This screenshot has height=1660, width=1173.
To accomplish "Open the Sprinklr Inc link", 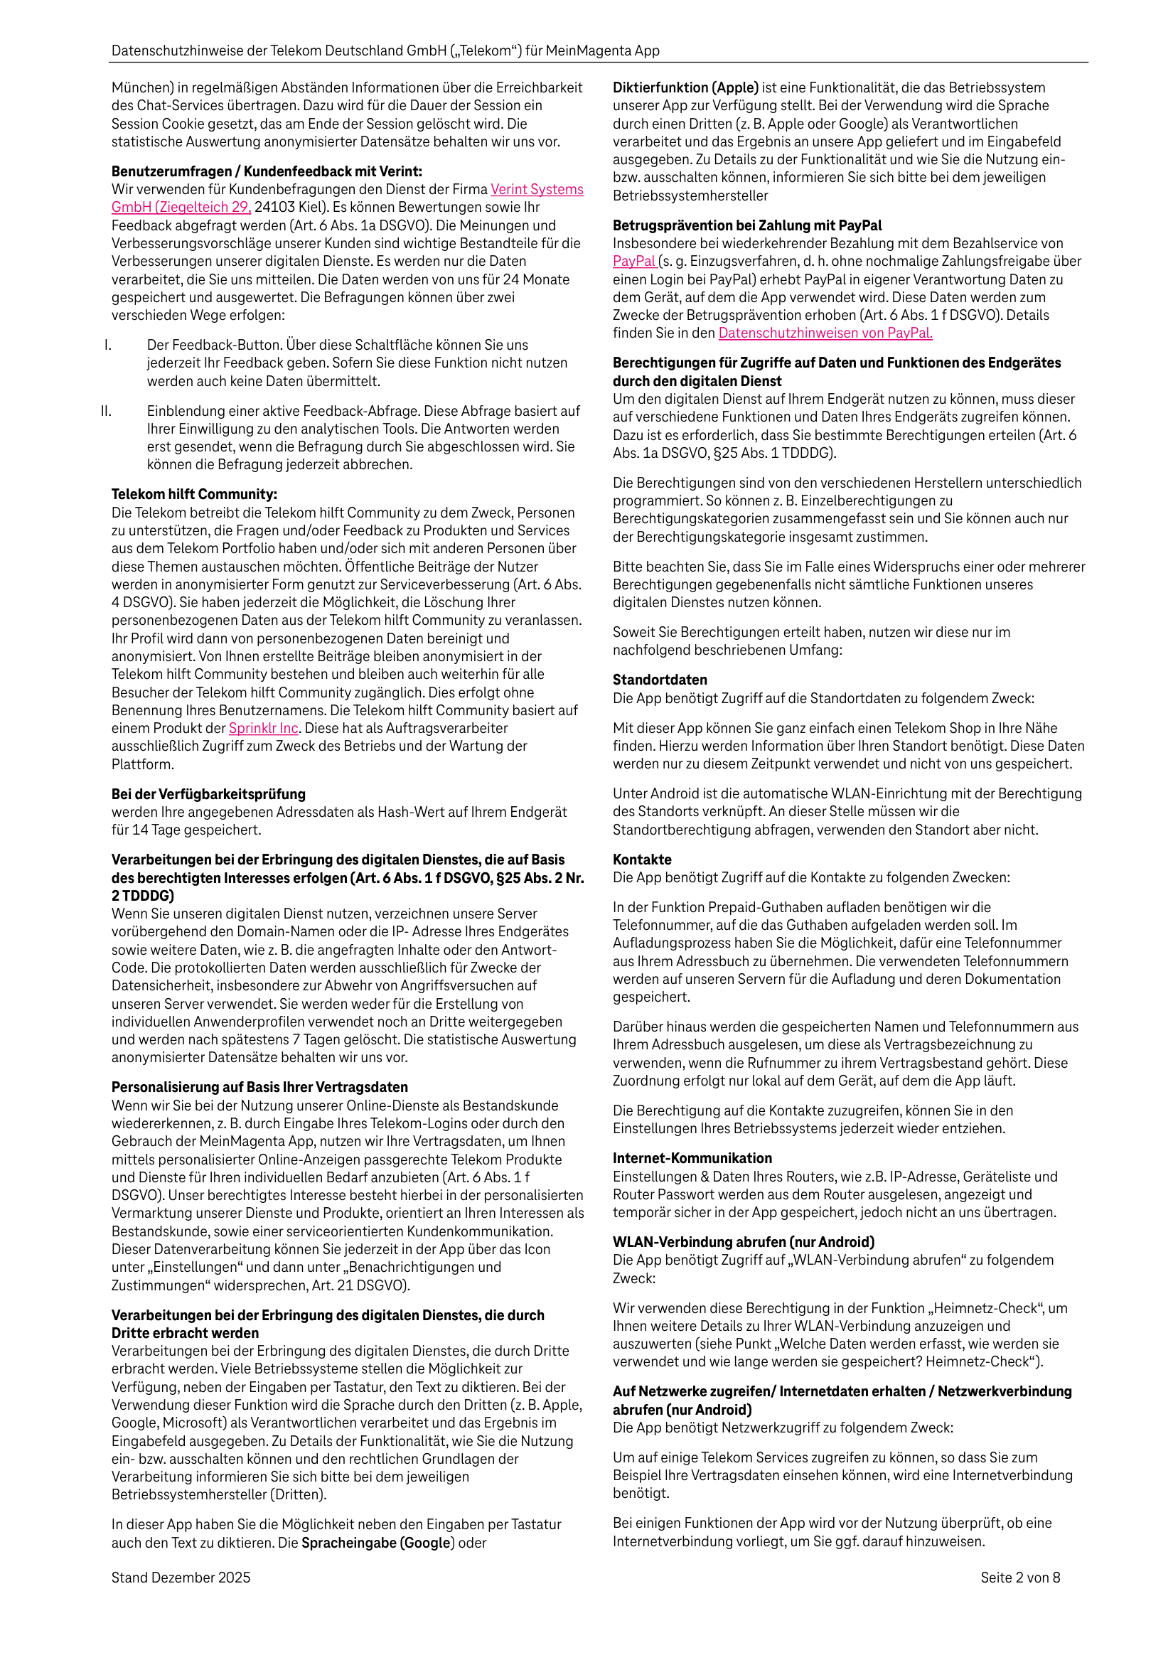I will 263,728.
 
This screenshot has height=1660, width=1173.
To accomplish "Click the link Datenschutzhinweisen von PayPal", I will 825,333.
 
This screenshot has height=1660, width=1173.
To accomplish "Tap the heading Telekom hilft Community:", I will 194,494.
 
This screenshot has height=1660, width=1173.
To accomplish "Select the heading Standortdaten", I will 660,680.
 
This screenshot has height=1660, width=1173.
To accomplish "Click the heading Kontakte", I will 641,860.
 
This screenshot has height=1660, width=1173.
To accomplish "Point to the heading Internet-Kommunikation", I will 692,1157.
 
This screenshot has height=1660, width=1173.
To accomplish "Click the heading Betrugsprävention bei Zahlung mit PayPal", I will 747,225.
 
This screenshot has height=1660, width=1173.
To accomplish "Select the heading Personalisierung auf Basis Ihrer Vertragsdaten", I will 259,1087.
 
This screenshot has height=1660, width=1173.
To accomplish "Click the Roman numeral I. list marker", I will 108,345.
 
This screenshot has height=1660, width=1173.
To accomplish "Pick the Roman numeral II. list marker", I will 107,411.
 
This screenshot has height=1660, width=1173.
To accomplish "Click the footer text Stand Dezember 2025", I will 181,1577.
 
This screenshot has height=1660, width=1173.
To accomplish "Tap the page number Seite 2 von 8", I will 1019,1577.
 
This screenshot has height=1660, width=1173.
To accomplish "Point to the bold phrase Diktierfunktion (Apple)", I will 685,87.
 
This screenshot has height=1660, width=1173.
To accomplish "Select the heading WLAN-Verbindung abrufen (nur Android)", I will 744,1241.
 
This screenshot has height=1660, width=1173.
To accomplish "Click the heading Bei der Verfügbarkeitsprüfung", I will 208,794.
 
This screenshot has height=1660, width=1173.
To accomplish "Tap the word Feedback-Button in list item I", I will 214,345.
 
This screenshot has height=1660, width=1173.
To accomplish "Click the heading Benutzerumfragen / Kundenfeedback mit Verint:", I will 266,171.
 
